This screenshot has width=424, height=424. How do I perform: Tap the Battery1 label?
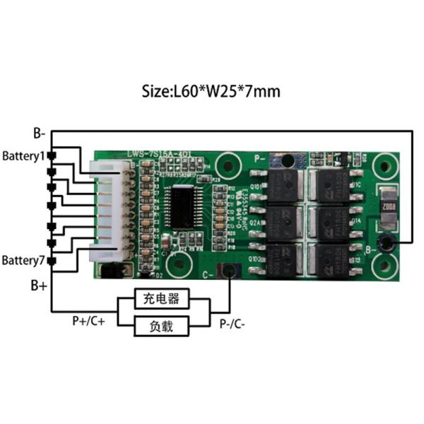[x=23, y=155]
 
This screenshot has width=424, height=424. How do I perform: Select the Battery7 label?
[x=23, y=261]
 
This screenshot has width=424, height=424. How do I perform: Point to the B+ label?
[x=39, y=285]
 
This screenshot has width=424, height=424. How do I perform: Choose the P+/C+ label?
[x=89, y=321]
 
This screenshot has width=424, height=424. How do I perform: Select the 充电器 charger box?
[x=163, y=300]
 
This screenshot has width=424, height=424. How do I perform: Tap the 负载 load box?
[x=163, y=326]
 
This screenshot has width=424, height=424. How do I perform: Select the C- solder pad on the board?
[x=228, y=271]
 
